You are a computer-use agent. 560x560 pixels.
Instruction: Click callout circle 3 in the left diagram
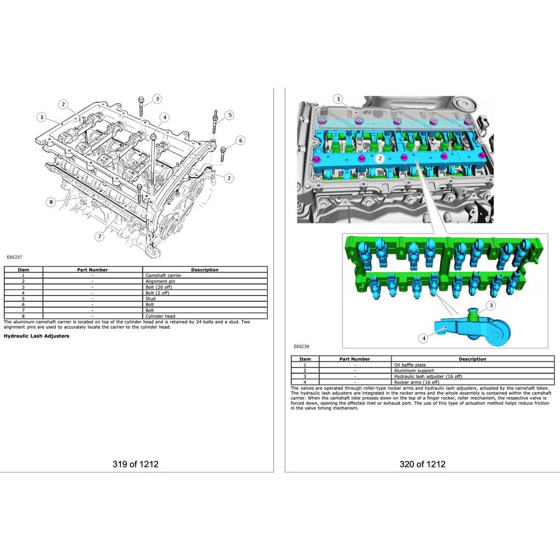pyautogui.click(x=157, y=99)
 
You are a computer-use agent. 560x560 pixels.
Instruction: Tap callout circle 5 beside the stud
pyautogui.click(x=230, y=115)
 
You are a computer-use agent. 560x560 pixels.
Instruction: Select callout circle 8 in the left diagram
pyautogui.click(x=51, y=202)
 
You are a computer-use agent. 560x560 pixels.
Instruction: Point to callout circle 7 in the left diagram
pyautogui.click(x=100, y=236)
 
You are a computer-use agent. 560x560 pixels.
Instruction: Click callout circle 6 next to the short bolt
pyautogui.click(x=241, y=141)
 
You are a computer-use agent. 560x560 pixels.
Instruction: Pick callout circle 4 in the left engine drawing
pyautogui.click(x=165, y=117)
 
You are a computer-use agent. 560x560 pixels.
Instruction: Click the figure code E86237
pyautogui.click(x=14, y=257)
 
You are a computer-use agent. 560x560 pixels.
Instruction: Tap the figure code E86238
pyautogui.click(x=301, y=346)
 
